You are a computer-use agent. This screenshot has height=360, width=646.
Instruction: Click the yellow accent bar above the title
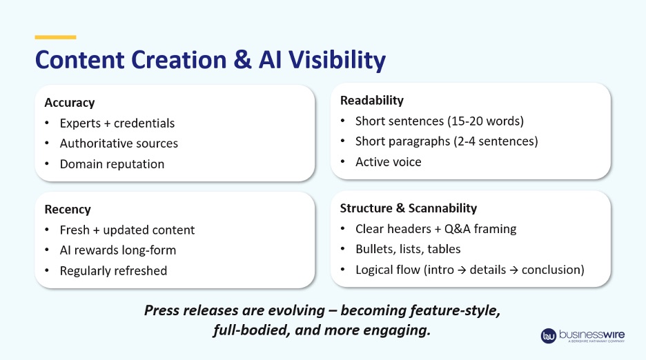click(x=55, y=37)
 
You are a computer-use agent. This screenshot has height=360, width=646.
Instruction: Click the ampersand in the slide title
click(x=242, y=60)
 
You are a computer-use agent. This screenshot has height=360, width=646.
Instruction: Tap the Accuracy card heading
click(x=70, y=102)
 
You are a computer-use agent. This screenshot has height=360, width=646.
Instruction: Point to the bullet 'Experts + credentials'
click(x=117, y=123)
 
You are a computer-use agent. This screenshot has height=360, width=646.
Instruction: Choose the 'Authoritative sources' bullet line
click(x=119, y=143)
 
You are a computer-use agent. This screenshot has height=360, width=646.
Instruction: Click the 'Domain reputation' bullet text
click(x=112, y=164)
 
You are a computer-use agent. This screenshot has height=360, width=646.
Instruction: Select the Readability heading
click(x=372, y=101)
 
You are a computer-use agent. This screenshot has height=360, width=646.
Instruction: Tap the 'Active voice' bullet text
click(x=388, y=162)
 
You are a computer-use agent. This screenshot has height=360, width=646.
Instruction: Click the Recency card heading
click(x=68, y=209)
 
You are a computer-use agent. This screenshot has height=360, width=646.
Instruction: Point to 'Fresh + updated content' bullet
click(x=127, y=230)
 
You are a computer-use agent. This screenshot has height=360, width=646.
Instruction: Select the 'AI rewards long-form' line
click(x=118, y=250)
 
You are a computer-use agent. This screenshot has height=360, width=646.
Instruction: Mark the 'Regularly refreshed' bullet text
click(x=113, y=270)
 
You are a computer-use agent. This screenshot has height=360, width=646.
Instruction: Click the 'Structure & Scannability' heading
click(x=409, y=208)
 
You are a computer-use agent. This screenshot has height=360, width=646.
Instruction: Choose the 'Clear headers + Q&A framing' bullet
click(x=435, y=229)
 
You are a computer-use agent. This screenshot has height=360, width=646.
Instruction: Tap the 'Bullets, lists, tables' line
click(x=408, y=249)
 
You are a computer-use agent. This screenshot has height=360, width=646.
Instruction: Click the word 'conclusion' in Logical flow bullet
click(x=553, y=270)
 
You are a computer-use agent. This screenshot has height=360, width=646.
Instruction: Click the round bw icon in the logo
click(x=549, y=336)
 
